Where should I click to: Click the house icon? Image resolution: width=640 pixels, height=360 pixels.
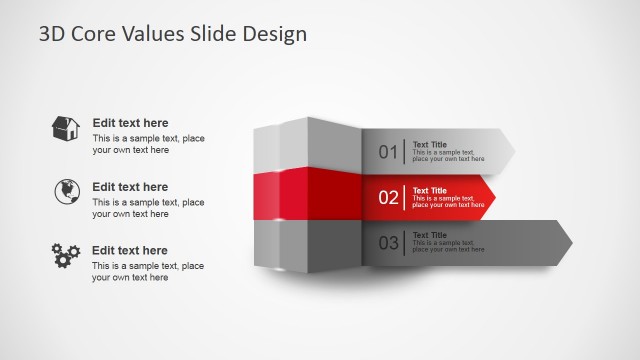pos(66,128)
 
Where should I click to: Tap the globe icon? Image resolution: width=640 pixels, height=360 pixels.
pos(66,191)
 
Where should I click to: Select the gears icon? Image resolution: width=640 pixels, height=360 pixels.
pos(66,255)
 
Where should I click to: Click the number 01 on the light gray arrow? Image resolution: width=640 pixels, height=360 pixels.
pos(388,152)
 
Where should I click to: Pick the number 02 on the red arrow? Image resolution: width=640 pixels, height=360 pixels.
pos(388,197)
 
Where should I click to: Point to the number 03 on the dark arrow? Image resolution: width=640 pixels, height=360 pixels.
pos(388,243)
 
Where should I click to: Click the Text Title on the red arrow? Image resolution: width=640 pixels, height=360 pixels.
pos(430,190)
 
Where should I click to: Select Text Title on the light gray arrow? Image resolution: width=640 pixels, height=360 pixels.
pos(430,144)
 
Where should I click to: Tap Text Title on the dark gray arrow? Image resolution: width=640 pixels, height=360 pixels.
pos(430,235)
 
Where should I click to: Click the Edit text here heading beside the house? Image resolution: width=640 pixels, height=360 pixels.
pos(130,123)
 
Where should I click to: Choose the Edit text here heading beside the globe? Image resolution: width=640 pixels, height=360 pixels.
pos(130,187)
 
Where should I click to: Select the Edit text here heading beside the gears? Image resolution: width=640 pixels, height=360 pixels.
pos(130,250)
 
